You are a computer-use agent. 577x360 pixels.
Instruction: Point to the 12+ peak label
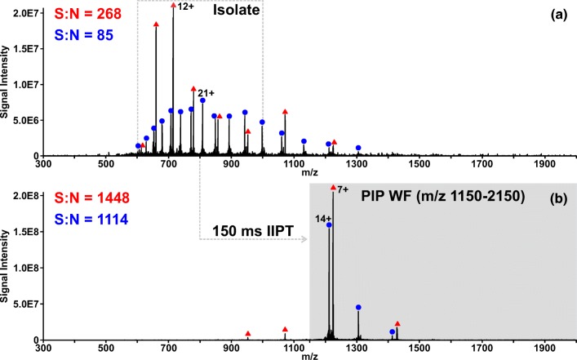pos(185,7)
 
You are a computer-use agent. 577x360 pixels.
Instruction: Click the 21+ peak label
pos(206,92)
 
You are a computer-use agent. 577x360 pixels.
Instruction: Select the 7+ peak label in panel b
pos(343,189)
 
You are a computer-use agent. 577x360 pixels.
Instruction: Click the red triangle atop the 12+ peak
pos(173,5)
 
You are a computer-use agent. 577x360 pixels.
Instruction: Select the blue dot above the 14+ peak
pos(329,224)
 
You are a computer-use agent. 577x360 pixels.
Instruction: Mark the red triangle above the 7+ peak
pos(333,188)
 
